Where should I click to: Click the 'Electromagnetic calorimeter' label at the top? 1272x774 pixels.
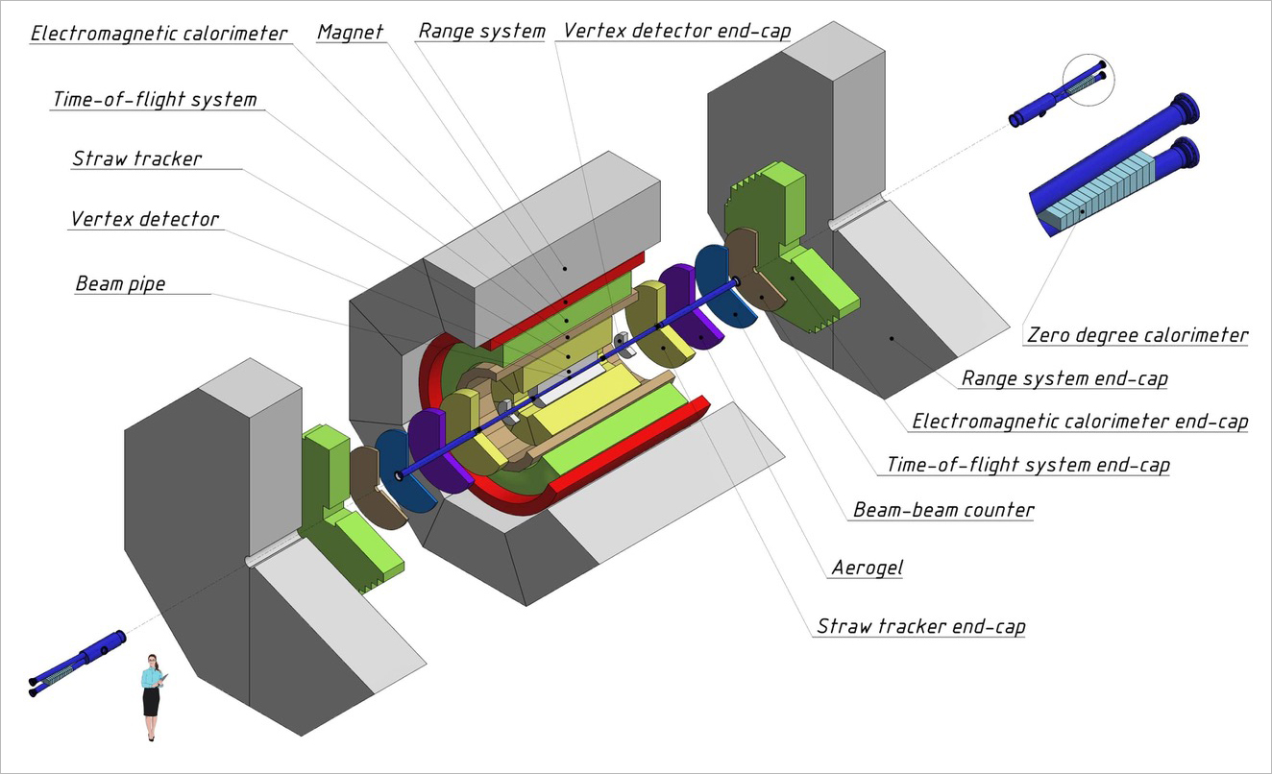point(159,34)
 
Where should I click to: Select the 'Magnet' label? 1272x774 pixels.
point(351,32)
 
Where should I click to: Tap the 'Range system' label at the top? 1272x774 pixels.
point(481,31)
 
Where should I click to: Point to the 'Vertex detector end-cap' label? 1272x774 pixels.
point(677,31)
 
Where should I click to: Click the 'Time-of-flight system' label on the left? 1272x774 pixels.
point(155,100)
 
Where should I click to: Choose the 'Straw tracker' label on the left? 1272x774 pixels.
point(137,158)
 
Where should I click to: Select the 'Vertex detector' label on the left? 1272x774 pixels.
point(145,220)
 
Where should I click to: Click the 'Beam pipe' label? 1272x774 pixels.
point(120,284)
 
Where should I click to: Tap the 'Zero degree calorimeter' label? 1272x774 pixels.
point(1137,335)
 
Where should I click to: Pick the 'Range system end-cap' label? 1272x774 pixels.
point(1064,378)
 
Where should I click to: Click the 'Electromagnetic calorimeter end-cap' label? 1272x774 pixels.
point(1080,421)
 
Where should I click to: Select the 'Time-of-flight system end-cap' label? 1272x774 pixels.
point(1028,466)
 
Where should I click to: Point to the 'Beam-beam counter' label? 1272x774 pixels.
point(943,509)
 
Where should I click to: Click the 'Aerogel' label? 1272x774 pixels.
point(868,568)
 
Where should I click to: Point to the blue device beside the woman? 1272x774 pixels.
point(76,663)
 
